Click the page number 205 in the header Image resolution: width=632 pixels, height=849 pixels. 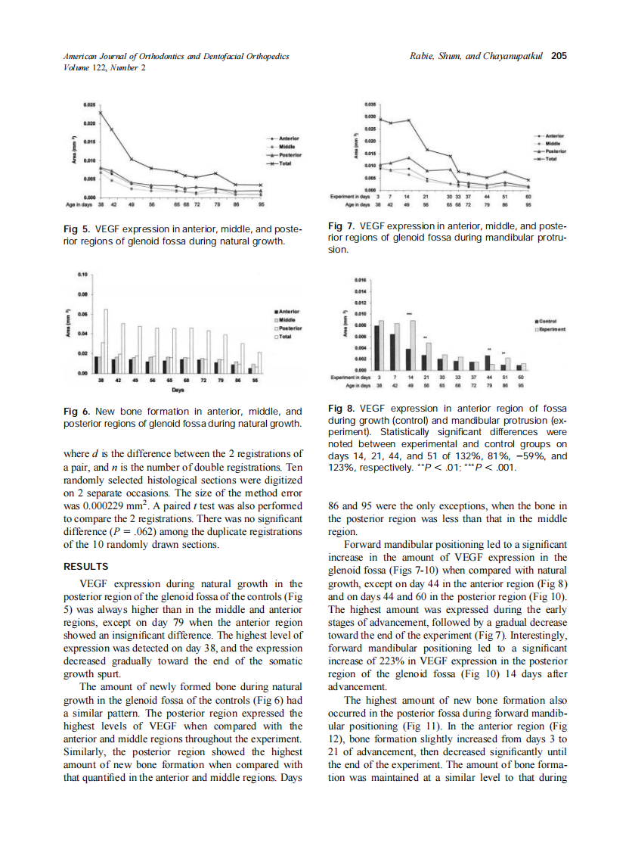[x=559, y=55]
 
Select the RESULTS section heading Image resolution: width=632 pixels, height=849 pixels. [x=86, y=566]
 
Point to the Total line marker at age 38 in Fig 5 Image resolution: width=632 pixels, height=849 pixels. [x=101, y=112]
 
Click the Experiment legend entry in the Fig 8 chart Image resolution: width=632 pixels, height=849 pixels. [x=553, y=329]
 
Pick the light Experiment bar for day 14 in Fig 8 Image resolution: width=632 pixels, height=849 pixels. [x=413, y=341]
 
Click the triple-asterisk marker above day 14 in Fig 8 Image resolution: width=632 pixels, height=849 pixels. [x=409, y=313]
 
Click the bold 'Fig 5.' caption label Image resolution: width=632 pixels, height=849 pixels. [x=76, y=228]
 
